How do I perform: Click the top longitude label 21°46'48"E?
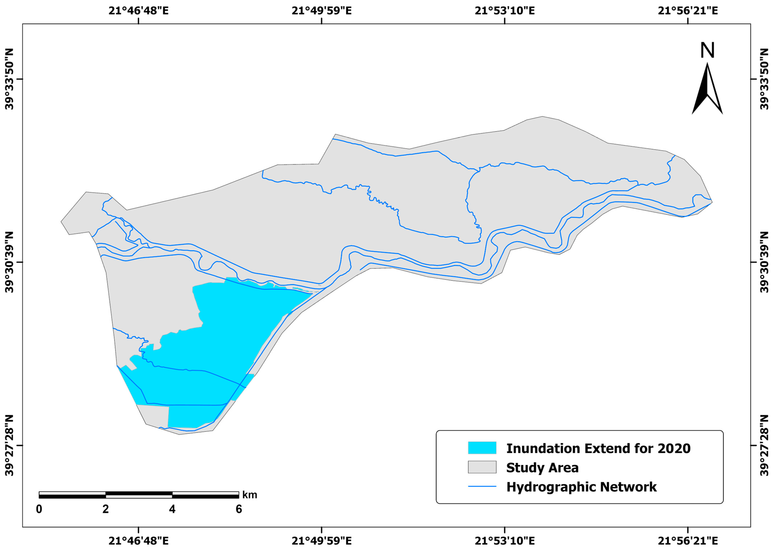tap(138, 11)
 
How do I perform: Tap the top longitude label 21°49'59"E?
tap(322, 11)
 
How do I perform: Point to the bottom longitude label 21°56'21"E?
tap(688, 541)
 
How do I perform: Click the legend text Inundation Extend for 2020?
tap(598, 448)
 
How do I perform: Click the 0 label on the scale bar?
tap(39, 509)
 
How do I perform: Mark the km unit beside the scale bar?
tap(250, 495)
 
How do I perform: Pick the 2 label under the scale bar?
tap(106, 509)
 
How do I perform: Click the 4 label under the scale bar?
tap(172, 509)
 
